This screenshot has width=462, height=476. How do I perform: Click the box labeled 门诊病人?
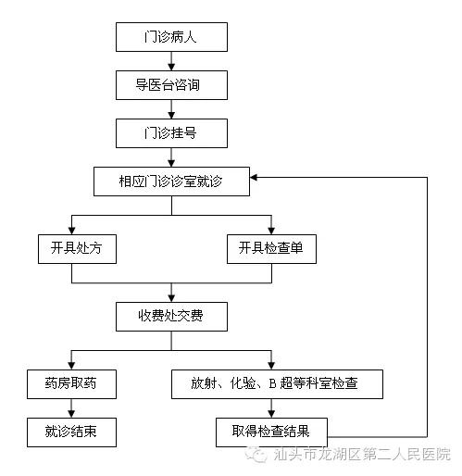click(x=171, y=37)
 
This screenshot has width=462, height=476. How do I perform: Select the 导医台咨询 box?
click(x=171, y=85)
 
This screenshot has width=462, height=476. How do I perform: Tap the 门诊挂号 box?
click(x=171, y=133)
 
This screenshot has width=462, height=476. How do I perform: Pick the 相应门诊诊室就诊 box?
click(x=171, y=182)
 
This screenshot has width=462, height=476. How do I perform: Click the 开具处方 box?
click(x=77, y=249)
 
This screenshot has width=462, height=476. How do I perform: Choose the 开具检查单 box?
click(x=271, y=249)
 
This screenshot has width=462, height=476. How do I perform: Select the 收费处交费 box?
click(x=171, y=317)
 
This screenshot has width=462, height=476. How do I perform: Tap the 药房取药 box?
click(x=71, y=384)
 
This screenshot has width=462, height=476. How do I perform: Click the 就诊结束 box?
click(x=71, y=432)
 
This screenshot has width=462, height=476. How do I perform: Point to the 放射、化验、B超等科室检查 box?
click(x=277, y=384)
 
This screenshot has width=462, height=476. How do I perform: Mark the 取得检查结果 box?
click(x=271, y=432)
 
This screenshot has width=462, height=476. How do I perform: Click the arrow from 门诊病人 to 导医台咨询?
click(x=171, y=61)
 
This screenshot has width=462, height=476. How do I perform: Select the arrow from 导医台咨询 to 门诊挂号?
click(x=171, y=109)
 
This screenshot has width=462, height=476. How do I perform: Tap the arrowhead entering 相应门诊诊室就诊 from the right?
click(x=254, y=178)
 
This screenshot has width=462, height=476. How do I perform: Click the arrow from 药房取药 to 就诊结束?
click(x=71, y=408)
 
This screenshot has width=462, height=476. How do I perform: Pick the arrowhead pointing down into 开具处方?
click(x=71, y=231)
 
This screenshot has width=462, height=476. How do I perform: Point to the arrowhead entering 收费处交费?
click(x=171, y=298)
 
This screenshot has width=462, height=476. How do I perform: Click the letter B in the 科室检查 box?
click(x=272, y=383)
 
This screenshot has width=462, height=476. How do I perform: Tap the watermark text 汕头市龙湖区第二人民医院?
click(x=362, y=455)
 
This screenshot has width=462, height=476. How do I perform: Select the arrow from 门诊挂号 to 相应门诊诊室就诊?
click(x=171, y=157)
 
